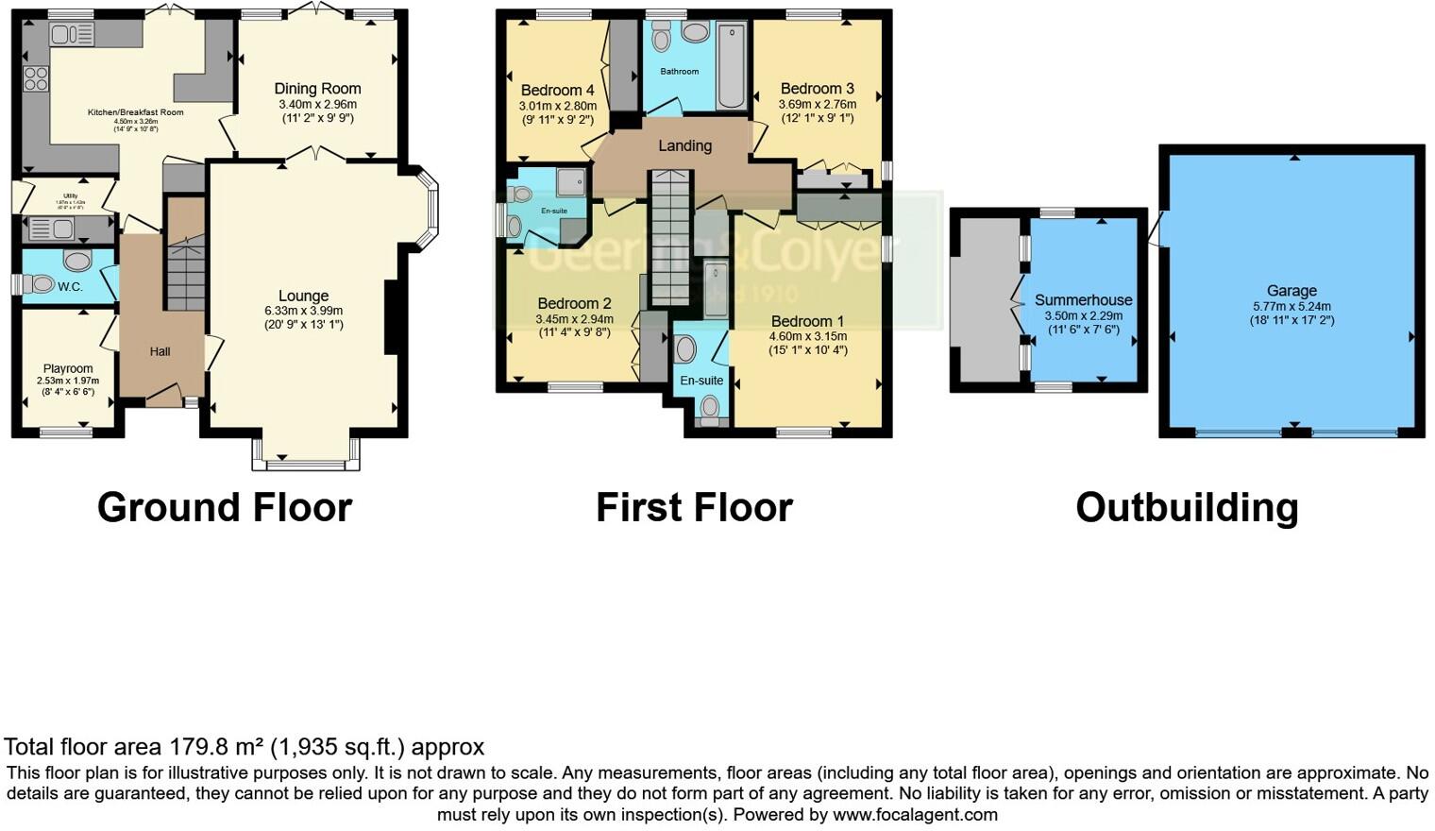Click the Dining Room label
tap(317, 89)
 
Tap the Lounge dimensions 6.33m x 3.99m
tap(303, 311)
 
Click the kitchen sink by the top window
tap(72, 35)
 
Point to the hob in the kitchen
tap(36, 78)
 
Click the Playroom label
tap(68, 368)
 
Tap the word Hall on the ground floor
tap(160, 351)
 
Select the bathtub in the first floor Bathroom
tap(731, 66)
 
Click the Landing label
tap(684, 145)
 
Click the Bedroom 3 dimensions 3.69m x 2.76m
tap(817, 105)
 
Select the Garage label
tap(1291, 291)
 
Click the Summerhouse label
tap(1083, 300)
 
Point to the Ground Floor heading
tap(225, 507)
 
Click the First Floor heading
tap(694, 507)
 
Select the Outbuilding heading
tap(1187, 507)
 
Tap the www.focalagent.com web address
tap(915, 814)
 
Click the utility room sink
tap(53, 229)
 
